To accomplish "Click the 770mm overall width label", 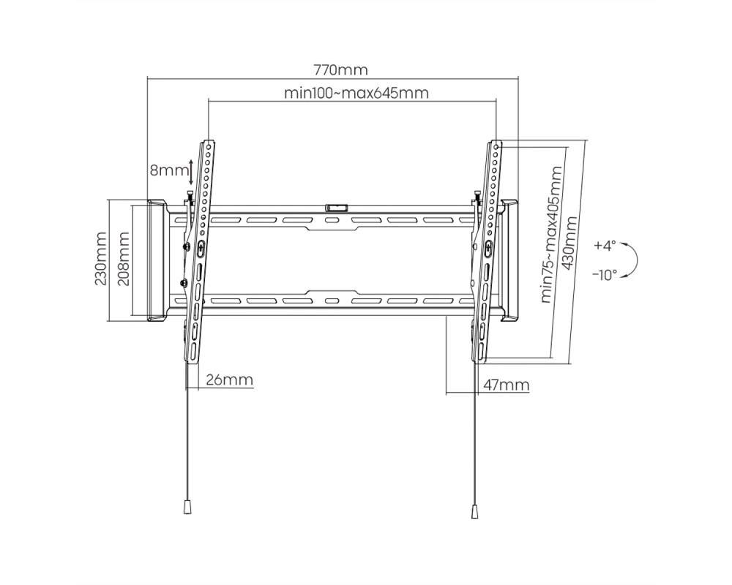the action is click(340, 70).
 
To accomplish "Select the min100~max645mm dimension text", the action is click(356, 93).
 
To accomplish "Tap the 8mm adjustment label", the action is click(168, 170).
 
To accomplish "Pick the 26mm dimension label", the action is click(230, 380).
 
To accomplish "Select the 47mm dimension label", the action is click(506, 385).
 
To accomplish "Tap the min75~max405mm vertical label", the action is click(552, 235).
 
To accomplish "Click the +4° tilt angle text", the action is click(605, 246).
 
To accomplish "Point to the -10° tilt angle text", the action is click(605, 275).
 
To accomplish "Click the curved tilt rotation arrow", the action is click(637, 260).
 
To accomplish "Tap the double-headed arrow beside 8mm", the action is click(190, 172).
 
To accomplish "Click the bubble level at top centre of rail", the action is click(336, 207).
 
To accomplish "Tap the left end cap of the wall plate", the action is click(157, 260).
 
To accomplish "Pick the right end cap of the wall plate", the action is click(509, 260).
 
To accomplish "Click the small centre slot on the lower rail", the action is click(331, 301).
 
